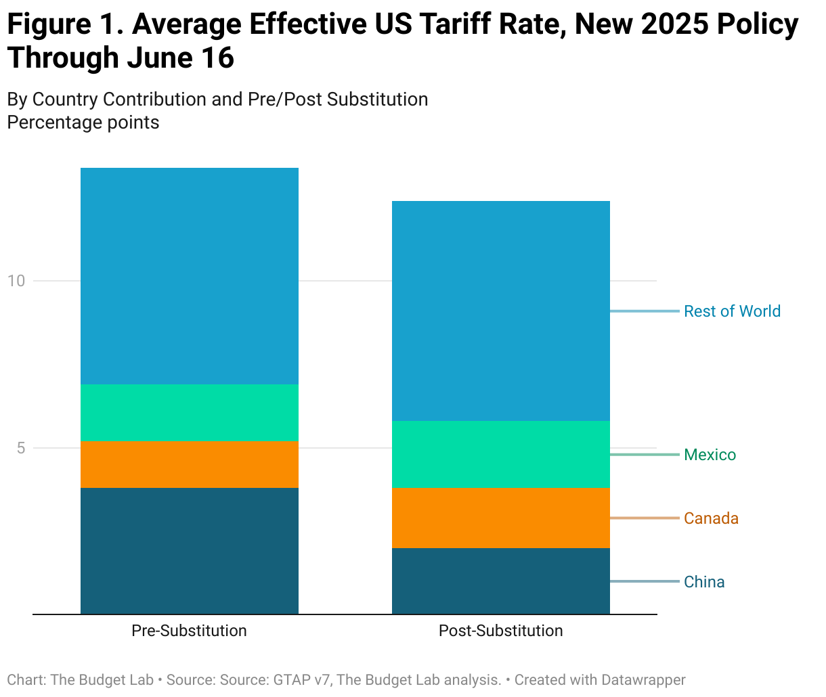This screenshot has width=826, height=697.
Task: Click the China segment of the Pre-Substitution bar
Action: (x=190, y=551)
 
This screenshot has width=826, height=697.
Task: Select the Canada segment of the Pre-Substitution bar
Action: (x=190, y=464)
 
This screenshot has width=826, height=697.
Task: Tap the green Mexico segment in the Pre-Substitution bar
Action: (x=190, y=412)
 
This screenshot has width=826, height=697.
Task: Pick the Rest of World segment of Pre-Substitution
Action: (x=190, y=276)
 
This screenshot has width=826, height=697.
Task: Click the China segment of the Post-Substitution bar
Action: (x=501, y=581)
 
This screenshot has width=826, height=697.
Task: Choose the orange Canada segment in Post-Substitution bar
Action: (x=501, y=518)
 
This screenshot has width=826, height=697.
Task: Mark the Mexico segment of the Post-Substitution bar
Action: (x=501, y=454)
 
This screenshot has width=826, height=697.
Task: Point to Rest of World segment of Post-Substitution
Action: (x=501, y=311)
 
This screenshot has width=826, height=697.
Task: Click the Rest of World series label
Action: (x=732, y=311)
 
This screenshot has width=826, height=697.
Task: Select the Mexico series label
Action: (x=710, y=455)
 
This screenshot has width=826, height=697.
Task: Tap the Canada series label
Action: (x=711, y=518)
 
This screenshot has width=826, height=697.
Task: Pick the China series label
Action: (x=704, y=582)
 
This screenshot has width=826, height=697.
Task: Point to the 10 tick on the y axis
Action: (x=16, y=281)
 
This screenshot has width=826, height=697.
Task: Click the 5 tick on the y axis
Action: (x=21, y=448)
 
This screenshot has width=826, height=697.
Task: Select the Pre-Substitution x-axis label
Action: (x=189, y=631)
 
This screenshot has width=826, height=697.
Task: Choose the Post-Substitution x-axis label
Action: (x=500, y=631)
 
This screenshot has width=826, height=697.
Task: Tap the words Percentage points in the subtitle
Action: (x=83, y=122)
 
